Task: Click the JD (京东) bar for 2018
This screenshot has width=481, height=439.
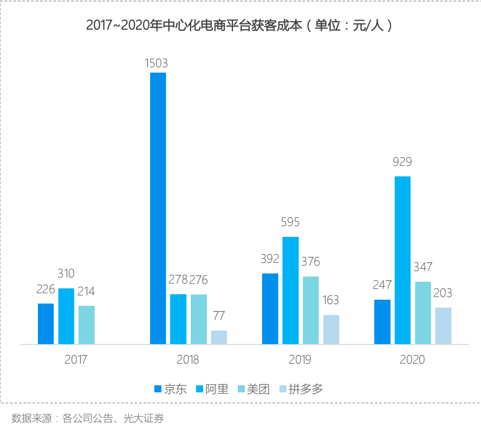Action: [158, 208]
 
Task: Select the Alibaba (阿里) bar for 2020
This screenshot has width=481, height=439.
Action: [402, 260]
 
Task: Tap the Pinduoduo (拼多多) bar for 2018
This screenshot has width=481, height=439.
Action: [219, 337]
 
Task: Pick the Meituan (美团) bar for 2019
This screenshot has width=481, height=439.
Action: [311, 310]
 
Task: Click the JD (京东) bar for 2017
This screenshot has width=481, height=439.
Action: [46, 324]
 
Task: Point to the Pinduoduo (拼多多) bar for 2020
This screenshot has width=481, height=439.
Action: [443, 326]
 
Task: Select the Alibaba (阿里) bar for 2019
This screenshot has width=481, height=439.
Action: [290, 290]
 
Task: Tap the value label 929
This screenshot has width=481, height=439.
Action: [402, 162]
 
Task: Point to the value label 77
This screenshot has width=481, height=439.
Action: [219, 315]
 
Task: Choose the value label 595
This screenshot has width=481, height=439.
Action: [290, 222]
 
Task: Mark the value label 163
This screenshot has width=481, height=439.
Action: [331, 300]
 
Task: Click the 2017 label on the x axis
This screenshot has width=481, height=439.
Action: [76, 359]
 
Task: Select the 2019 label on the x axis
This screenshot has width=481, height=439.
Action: [300, 359]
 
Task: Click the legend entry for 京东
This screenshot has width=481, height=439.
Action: [171, 389]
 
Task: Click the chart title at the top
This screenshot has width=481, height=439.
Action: [239, 25]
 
